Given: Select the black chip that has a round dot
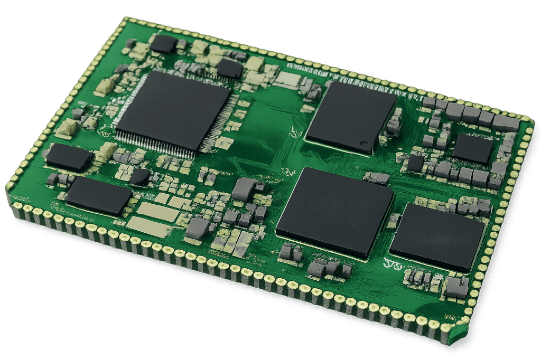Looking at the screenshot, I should pyautogui.click(x=351, y=117).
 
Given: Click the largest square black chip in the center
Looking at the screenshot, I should pyautogui.click(x=335, y=211).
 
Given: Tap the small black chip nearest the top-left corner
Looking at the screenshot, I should pyautogui.click(x=163, y=44).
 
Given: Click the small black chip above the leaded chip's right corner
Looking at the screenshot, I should pyautogui.click(x=229, y=69).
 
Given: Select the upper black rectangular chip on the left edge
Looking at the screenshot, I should pyautogui.click(x=69, y=157).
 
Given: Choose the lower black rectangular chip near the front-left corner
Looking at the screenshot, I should pyautogui.click(x=99, y=195).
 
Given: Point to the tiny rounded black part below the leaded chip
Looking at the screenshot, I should pyautogui.click(x=139, y=177).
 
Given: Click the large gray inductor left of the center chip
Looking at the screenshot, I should pyautogui.click(x=246, y=188).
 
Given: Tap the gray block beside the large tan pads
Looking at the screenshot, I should pyautogui.click(x=198, y=228).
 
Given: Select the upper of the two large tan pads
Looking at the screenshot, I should pyautogui.click(x=158, y=212).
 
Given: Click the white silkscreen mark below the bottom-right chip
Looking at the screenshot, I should pyautogui.click(x=392, y=262).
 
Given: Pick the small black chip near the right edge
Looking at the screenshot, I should pyautogui.click(x=473, y=148).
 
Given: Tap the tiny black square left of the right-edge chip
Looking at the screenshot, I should pyautogui.click(x=415, y=163).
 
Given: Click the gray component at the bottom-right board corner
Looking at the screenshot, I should pyautogui.click(x=455, y=288).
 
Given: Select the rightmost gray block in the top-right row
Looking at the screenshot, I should pyautogui.click(x=506, y=123).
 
